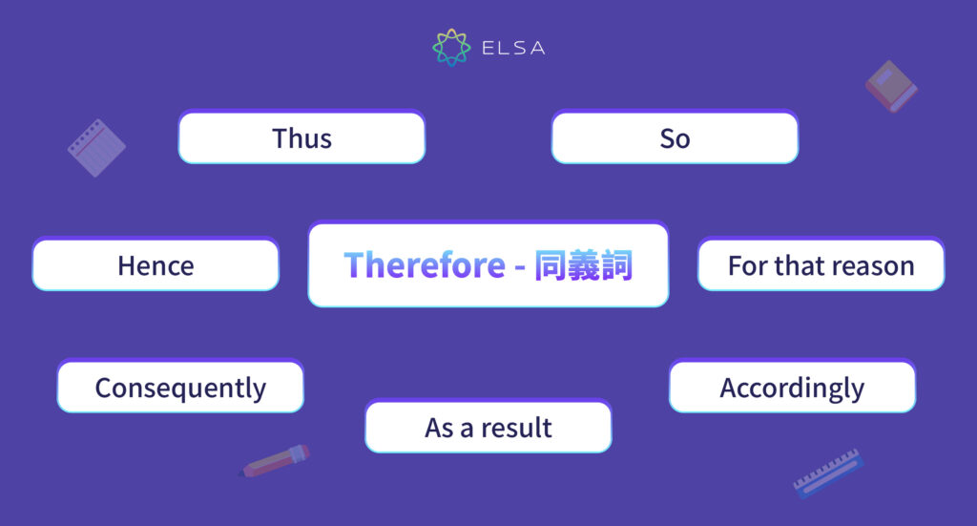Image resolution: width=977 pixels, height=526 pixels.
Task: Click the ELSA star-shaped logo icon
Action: (451, 48)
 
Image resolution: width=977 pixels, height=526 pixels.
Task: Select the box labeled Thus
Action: (301, 137)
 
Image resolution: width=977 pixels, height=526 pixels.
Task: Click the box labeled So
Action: (675, 137)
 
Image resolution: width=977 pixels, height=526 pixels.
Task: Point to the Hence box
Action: (156, 265)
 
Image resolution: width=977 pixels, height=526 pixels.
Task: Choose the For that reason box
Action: (821, 265)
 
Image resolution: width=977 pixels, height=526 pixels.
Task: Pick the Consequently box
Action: (180, 388)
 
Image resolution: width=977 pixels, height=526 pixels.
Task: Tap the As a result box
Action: (488, 427)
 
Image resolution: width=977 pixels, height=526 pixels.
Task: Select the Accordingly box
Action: (792, 388)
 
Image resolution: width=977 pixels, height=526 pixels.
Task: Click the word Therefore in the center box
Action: (424, 265)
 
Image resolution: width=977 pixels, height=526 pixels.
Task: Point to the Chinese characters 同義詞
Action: (583, 265)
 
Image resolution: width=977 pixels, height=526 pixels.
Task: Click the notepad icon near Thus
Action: (96, 148)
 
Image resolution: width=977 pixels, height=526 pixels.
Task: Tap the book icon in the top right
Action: (891, 86)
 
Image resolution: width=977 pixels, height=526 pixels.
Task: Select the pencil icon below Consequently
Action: (276, 460)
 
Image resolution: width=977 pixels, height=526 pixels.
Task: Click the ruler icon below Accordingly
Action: (828, 473)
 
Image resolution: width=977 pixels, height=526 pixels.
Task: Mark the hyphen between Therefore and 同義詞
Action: (519, 266)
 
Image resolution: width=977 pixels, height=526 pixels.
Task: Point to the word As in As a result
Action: (439, 427)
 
